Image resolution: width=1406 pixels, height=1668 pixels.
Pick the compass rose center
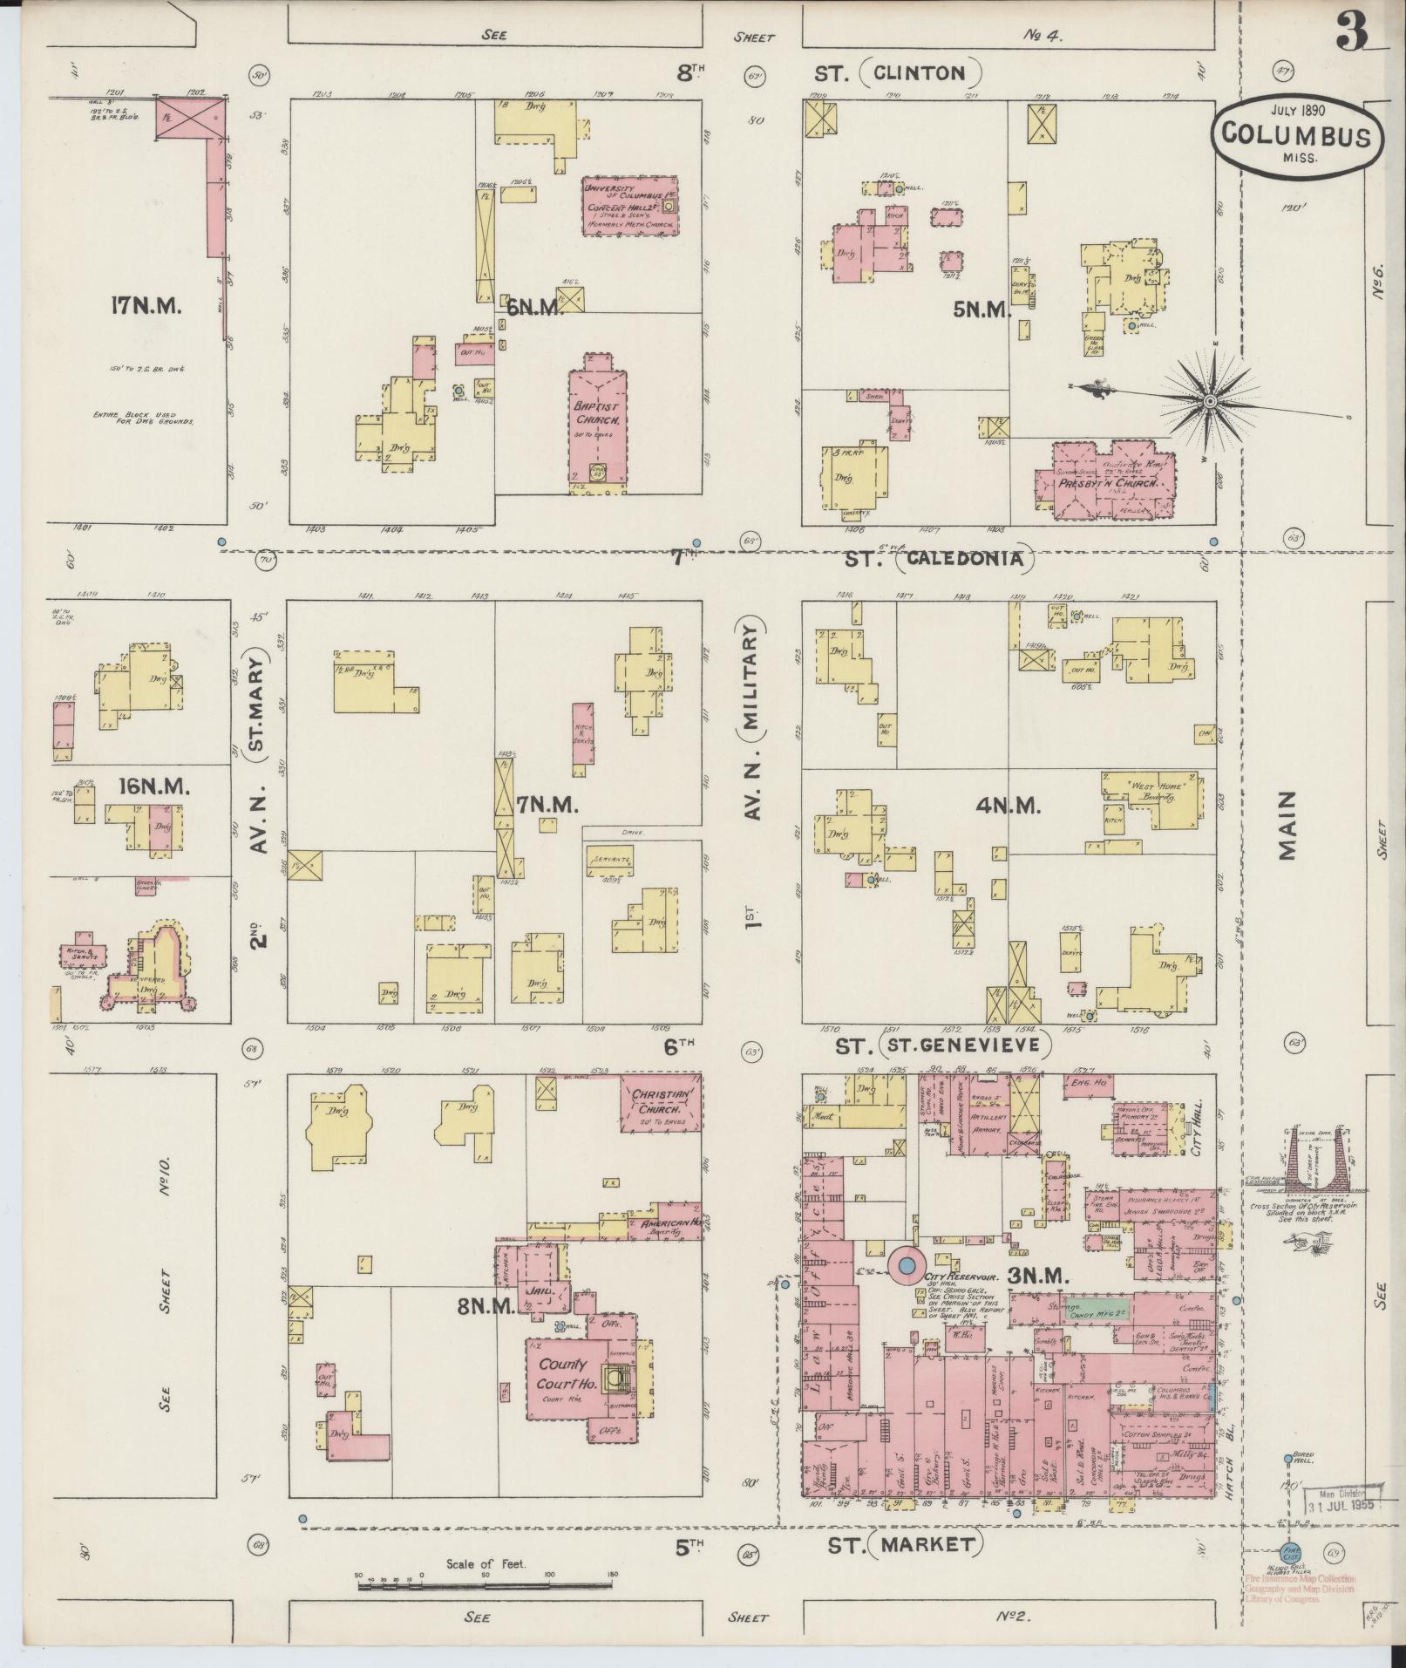coord(1209,400)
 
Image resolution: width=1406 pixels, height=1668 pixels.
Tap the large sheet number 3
coord(1348,34)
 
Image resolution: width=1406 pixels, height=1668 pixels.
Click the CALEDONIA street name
coord(963,558)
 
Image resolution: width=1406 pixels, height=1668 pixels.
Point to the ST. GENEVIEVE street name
coord(966,1044)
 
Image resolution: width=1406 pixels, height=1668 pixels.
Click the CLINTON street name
coord(920,73)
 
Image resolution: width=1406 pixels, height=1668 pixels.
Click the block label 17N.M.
coord(146,306)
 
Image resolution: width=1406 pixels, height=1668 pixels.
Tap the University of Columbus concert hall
coord(630,206)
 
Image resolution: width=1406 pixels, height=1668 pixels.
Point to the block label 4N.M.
coord(1008,806)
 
